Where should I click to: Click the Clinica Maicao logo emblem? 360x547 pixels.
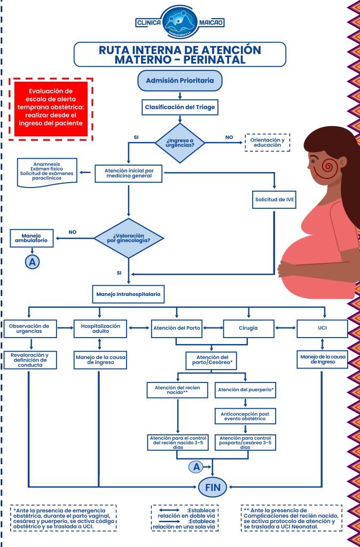point(180,22)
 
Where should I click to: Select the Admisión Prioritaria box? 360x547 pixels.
point(179,81)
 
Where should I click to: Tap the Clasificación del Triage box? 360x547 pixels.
point(180,107)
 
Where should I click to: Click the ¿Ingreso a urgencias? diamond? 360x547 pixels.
point(179,143)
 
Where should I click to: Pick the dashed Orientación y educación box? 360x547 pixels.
point(268,143)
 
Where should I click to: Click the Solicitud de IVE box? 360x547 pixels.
point(275,200)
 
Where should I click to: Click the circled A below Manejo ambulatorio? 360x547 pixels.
point(32,261)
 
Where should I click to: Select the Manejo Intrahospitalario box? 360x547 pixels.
point(128,294)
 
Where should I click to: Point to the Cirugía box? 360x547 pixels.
point(248,328)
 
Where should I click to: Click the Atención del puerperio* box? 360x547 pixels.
point(246,390)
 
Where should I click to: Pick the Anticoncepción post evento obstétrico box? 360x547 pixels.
point(246,416)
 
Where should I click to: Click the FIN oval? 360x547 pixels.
point(213,486)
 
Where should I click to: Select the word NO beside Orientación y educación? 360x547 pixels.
point(229,137)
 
